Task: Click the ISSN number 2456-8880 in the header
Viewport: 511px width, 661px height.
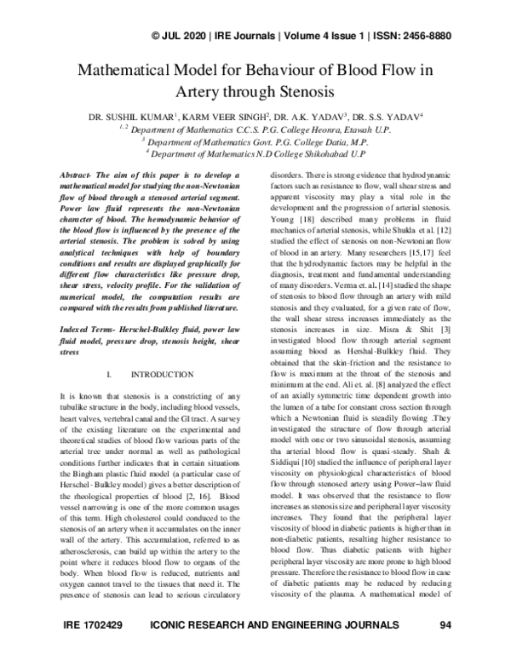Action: pyautogui.click(x=420, y=35)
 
